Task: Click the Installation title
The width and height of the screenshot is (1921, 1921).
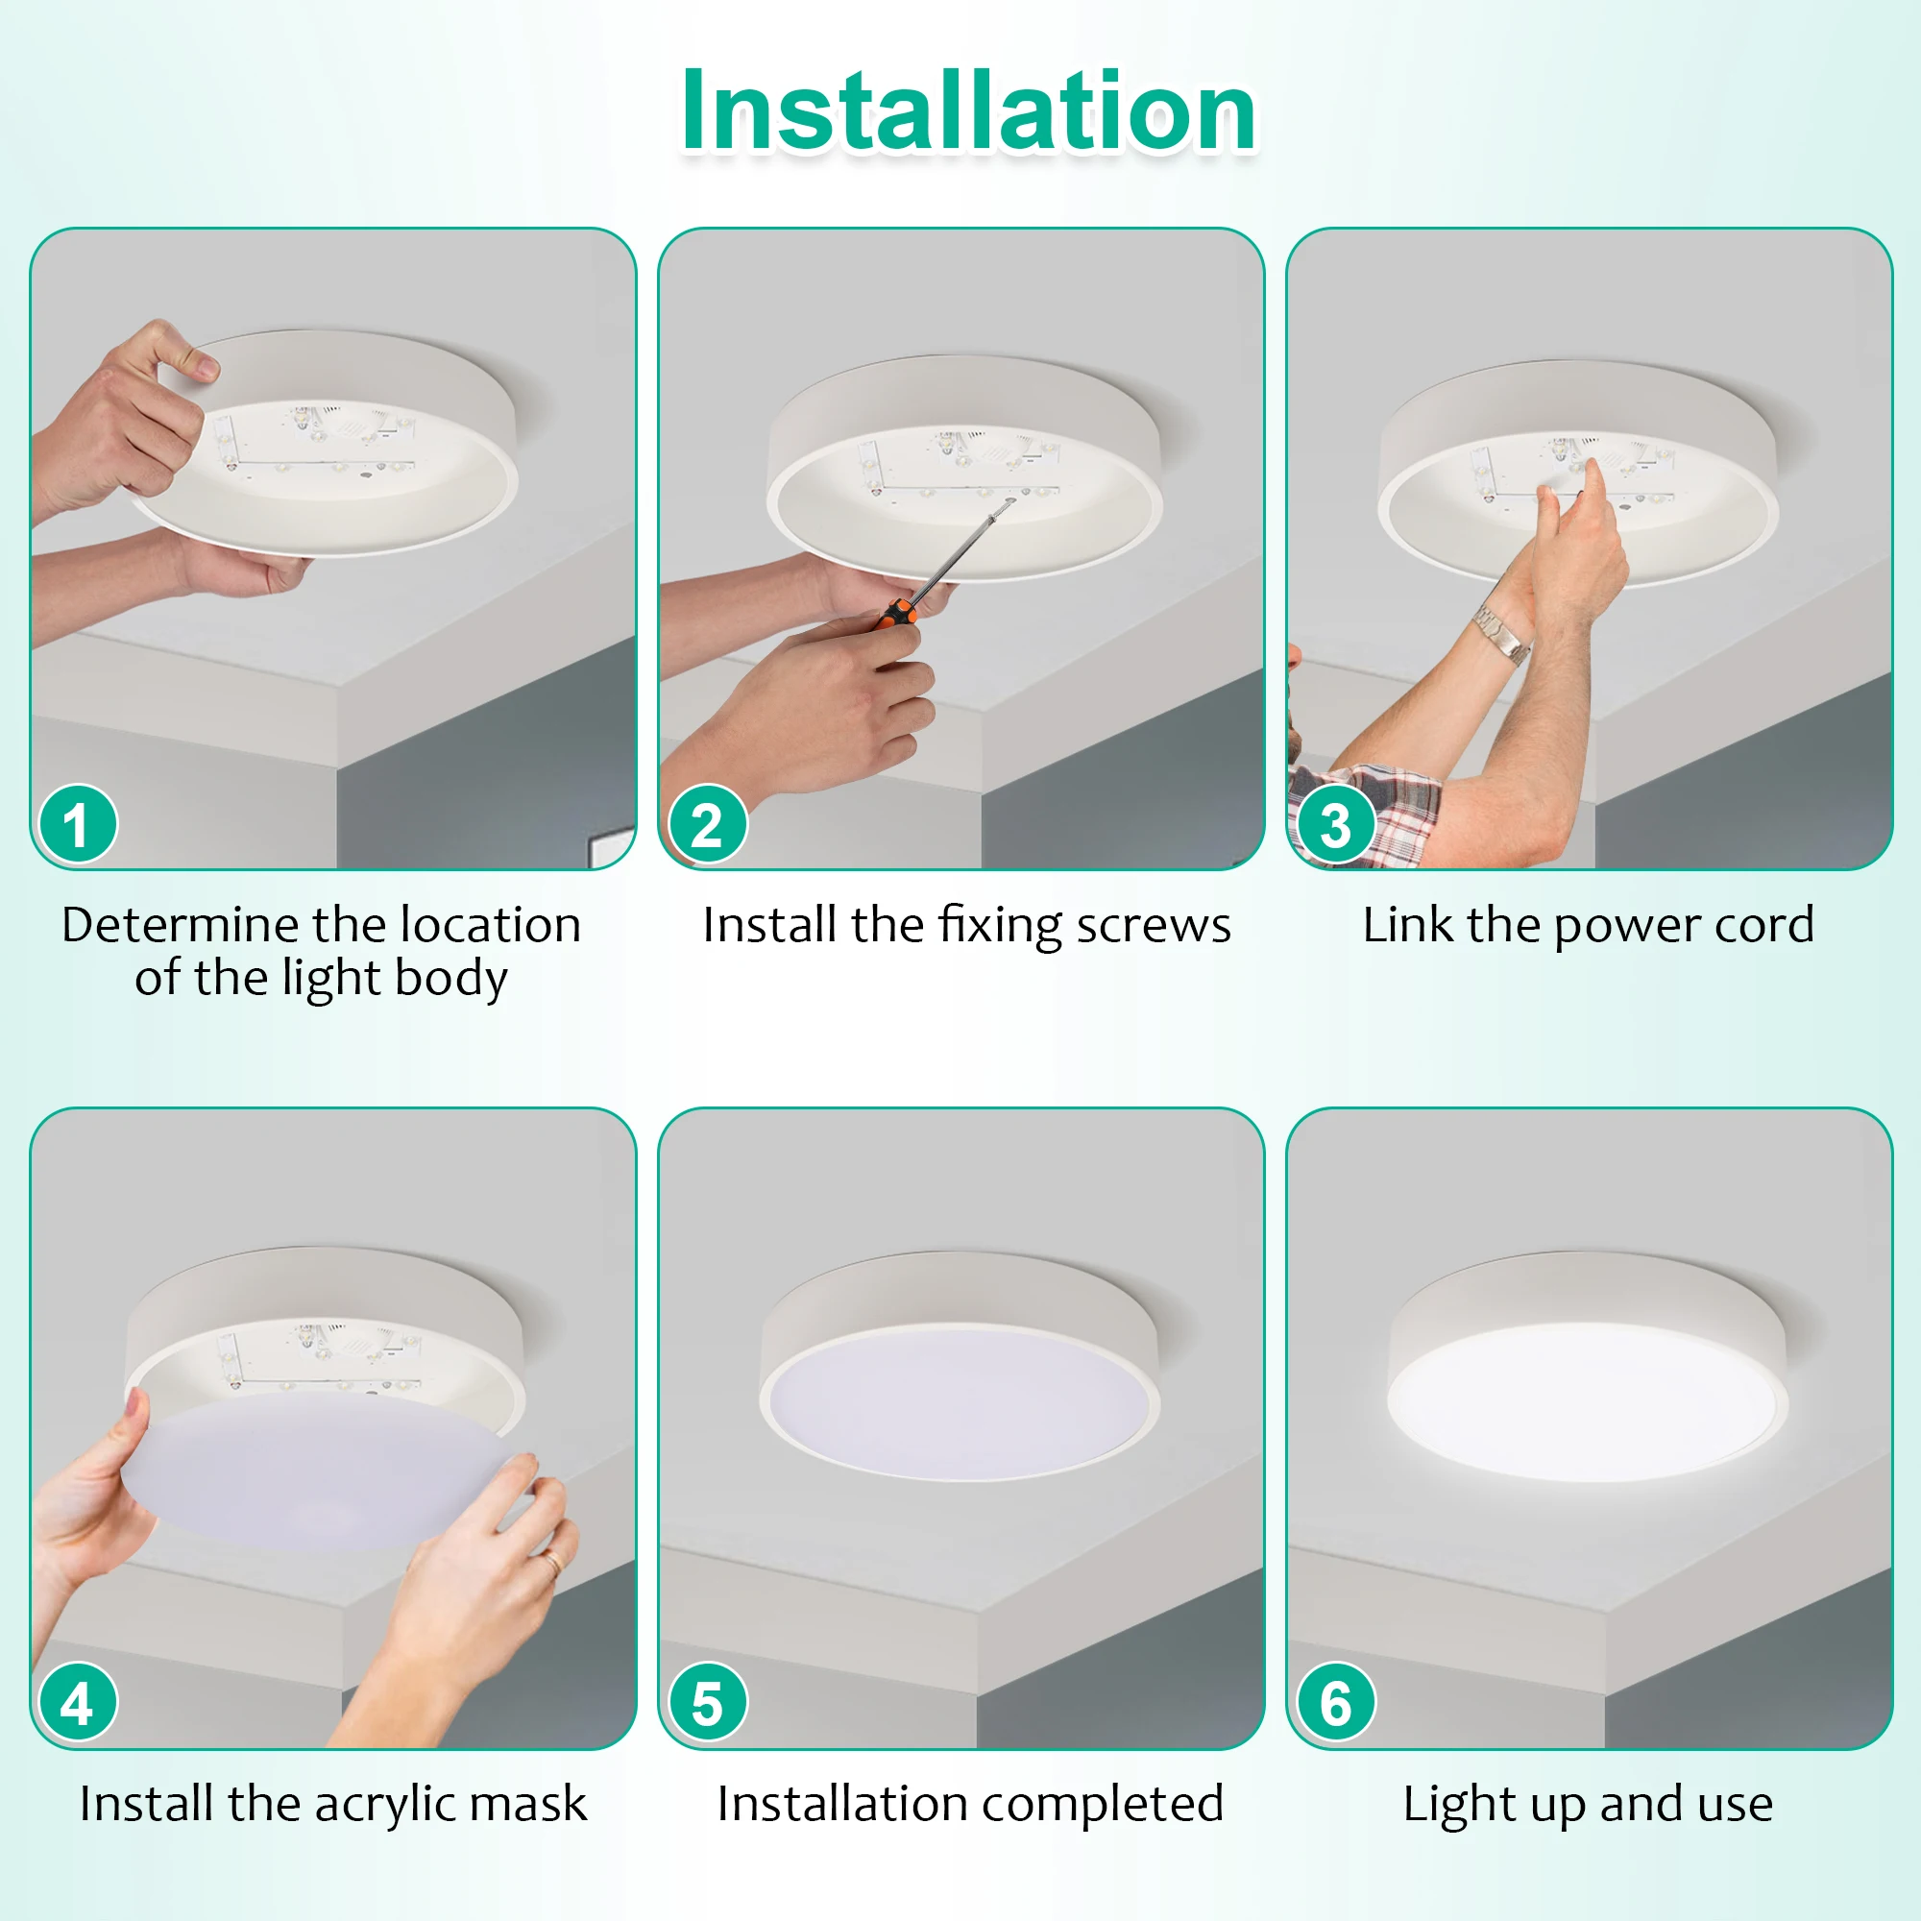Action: tap(967, 110)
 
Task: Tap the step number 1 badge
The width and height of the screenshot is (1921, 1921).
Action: tap(78, 824)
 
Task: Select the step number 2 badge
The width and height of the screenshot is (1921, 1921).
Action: tap(707, 824)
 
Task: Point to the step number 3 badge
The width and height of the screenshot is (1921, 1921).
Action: tap(1335, 824)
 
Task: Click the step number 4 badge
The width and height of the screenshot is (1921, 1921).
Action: tap(78, 1703)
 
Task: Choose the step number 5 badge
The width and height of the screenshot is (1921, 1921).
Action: tap(707, 1703)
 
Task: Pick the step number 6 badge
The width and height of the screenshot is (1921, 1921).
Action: tap(1335, 1703)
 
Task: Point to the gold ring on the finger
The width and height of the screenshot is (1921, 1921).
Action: tap(550, 1560)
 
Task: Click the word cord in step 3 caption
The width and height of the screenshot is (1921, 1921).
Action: tap(1763, 925)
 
